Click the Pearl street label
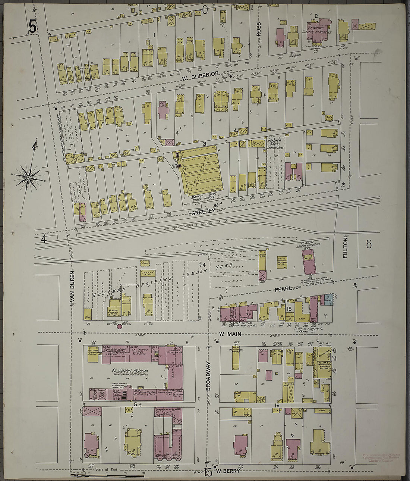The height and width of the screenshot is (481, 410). pyautogui.click(x=283, y=289)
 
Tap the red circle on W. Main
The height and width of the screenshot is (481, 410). pyautogui.click(x=119, y=327)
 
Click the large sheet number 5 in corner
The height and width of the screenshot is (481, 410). pyautogui.click(x=33, y=27)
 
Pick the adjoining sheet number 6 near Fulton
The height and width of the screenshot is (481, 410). pyautogui.click(x=369, y=244)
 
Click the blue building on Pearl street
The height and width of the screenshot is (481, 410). pyautogui.click(x=328, y=300)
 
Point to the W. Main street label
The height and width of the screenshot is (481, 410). pyautogui.click(x=228, y=334)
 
